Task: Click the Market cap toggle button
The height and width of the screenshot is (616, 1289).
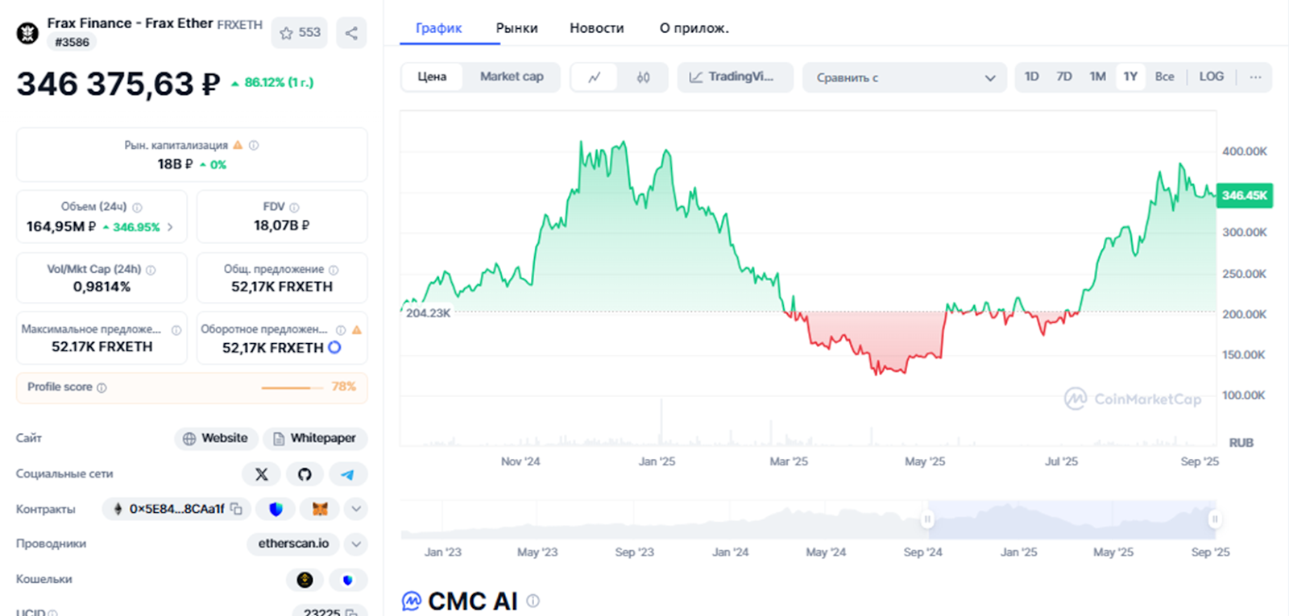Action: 512,76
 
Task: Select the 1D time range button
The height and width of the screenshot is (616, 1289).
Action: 1031,76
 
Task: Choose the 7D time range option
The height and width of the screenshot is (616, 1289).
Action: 1064,76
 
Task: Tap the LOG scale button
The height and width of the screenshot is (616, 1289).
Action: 1211,76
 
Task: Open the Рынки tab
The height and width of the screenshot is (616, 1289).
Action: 516,28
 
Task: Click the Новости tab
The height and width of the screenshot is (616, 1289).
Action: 596,28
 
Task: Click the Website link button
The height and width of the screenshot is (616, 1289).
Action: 216,438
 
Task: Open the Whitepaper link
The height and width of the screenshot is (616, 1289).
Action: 315,438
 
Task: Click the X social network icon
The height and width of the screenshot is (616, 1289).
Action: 261,474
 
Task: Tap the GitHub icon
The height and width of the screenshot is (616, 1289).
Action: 305,474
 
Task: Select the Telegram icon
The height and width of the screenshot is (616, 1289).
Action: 347,474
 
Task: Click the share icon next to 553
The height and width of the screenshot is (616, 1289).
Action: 351,33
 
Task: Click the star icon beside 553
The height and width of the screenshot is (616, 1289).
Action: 286,33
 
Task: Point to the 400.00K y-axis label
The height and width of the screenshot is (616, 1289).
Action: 1244,151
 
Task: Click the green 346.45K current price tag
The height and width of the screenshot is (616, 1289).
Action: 1244,196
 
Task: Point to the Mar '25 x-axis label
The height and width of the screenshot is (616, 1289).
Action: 788,461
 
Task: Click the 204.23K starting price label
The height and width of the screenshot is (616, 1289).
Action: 428,313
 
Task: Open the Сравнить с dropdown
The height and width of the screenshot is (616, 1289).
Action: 904,77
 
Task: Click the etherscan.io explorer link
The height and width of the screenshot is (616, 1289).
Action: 293,544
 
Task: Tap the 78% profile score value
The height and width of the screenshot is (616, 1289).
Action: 343,387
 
